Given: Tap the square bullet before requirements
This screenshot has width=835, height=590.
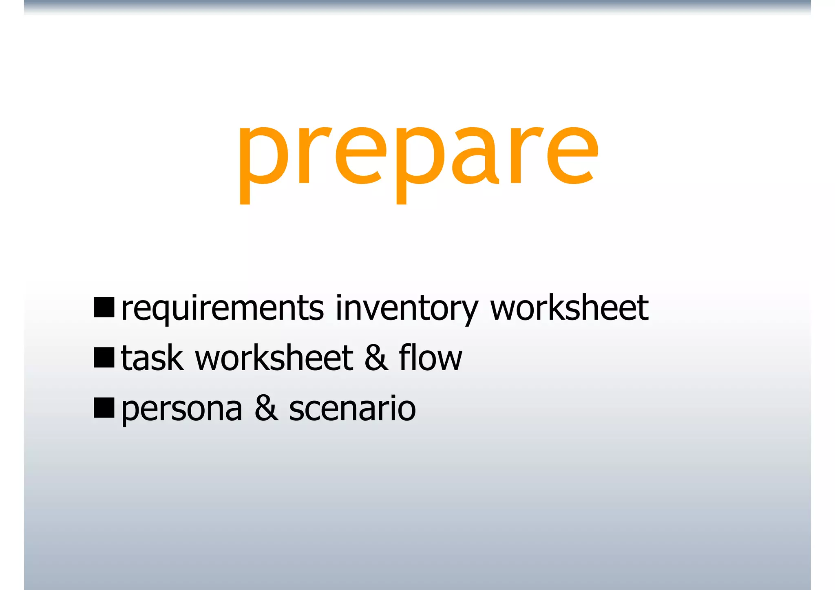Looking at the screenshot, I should click(104, 307).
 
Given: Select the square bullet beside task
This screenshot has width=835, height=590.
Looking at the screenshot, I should click(104, 358).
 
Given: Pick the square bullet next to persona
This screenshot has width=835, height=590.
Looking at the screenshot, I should click(104, 408).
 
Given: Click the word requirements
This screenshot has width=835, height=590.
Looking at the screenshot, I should click(223, 309).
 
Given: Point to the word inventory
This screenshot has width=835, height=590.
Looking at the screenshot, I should click(406, 309).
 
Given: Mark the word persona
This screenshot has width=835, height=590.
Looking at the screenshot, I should click(182, 409).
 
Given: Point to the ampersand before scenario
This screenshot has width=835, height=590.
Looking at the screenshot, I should click(266, 409).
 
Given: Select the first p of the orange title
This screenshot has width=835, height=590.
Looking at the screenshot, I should click(263, 163).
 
